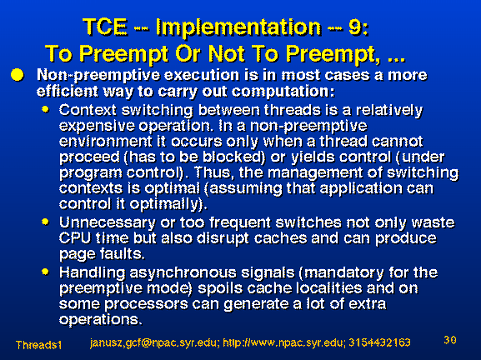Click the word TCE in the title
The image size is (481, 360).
(x=105, y=27)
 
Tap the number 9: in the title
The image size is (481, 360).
(x=358, y=27)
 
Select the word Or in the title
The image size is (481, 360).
(x=188, y=54)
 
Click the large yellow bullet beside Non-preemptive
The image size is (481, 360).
(x=18, y=75)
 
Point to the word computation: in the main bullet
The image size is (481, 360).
(x=283, y=92)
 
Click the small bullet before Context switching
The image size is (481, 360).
(x=45, y=109)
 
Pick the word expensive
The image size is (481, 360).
(x=97, y=126)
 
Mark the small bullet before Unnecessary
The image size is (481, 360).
(x=45, y=222)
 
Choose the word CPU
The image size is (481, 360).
(x=75, y=238)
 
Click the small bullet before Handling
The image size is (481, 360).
(x=45, y=272)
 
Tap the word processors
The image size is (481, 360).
(x=147, y=304)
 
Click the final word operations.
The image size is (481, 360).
(x=101, y=320)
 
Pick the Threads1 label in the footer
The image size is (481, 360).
(x=38, y=345)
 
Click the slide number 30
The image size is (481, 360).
(x=450, y=340)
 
